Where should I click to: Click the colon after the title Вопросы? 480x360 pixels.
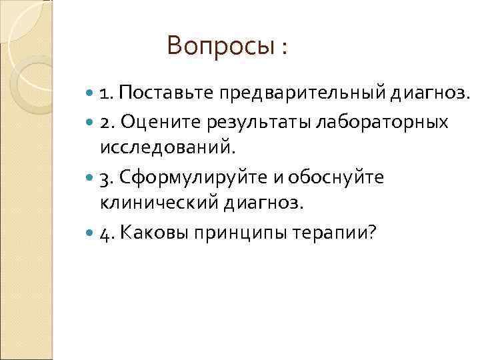tap(285, 48)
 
